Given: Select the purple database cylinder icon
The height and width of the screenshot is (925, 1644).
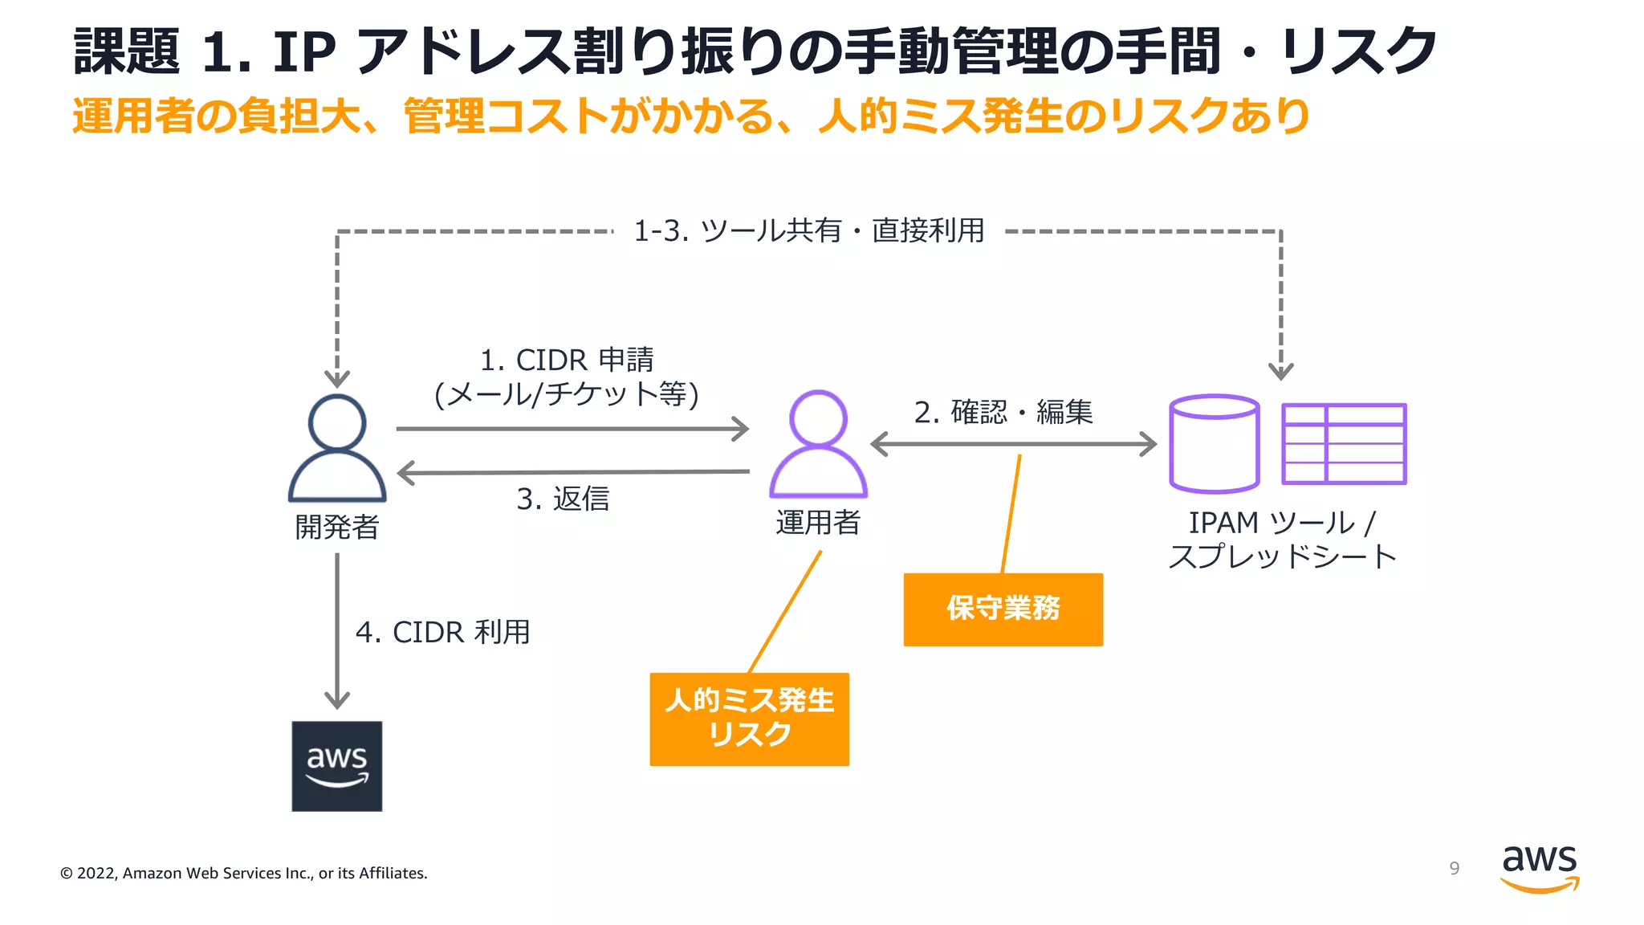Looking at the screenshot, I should pos(1214,443).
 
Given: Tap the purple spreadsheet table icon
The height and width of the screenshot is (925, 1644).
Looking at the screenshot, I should pos(1344,443).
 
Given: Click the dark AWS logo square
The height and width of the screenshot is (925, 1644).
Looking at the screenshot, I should pos(336,765).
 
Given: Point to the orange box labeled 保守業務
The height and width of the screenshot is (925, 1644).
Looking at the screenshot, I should pos(1003,609).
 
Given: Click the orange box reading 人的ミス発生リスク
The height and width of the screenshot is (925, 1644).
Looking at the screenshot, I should pos(749,719).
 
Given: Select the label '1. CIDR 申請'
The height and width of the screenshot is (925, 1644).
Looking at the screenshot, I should pos(567,360).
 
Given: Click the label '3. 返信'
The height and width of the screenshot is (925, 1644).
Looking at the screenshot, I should pos(563,499).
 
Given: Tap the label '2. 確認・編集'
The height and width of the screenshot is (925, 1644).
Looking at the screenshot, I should pos(1003,412).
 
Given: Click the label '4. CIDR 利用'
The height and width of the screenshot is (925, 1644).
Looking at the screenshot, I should pos(442,632).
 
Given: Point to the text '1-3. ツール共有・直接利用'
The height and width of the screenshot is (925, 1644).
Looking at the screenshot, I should pos(808,230).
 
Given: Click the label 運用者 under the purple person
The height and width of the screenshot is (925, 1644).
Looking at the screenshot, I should pos(817,522).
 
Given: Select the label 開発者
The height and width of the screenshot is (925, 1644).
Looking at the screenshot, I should pos(336,527).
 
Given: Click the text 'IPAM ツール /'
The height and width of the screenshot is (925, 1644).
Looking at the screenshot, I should pos(1282,523).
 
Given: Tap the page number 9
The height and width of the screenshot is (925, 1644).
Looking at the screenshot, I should pos(1454,868).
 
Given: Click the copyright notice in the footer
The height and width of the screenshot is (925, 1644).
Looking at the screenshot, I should pos(244,873).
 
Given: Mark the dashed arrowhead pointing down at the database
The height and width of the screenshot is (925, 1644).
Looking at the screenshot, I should pos(1280,372).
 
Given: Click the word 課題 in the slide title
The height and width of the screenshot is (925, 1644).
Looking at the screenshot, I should pos(127,51).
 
